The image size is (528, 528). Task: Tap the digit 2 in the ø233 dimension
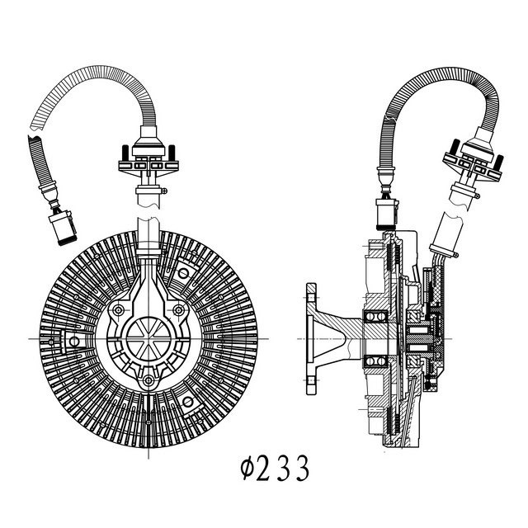tap(262, 468)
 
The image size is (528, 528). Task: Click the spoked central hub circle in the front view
tap(148, 338)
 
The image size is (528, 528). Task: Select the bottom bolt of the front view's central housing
tap(148, 380)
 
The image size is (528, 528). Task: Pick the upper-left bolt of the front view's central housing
tap(118, 310)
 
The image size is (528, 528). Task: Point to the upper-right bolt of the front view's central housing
tap(178, 310)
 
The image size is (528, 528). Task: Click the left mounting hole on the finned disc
tap(74, 342)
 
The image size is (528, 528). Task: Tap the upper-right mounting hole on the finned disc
tap(183, 273)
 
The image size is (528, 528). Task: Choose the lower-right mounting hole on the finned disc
tap(188, 402)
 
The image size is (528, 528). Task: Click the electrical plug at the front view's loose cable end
tap(63, 228)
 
